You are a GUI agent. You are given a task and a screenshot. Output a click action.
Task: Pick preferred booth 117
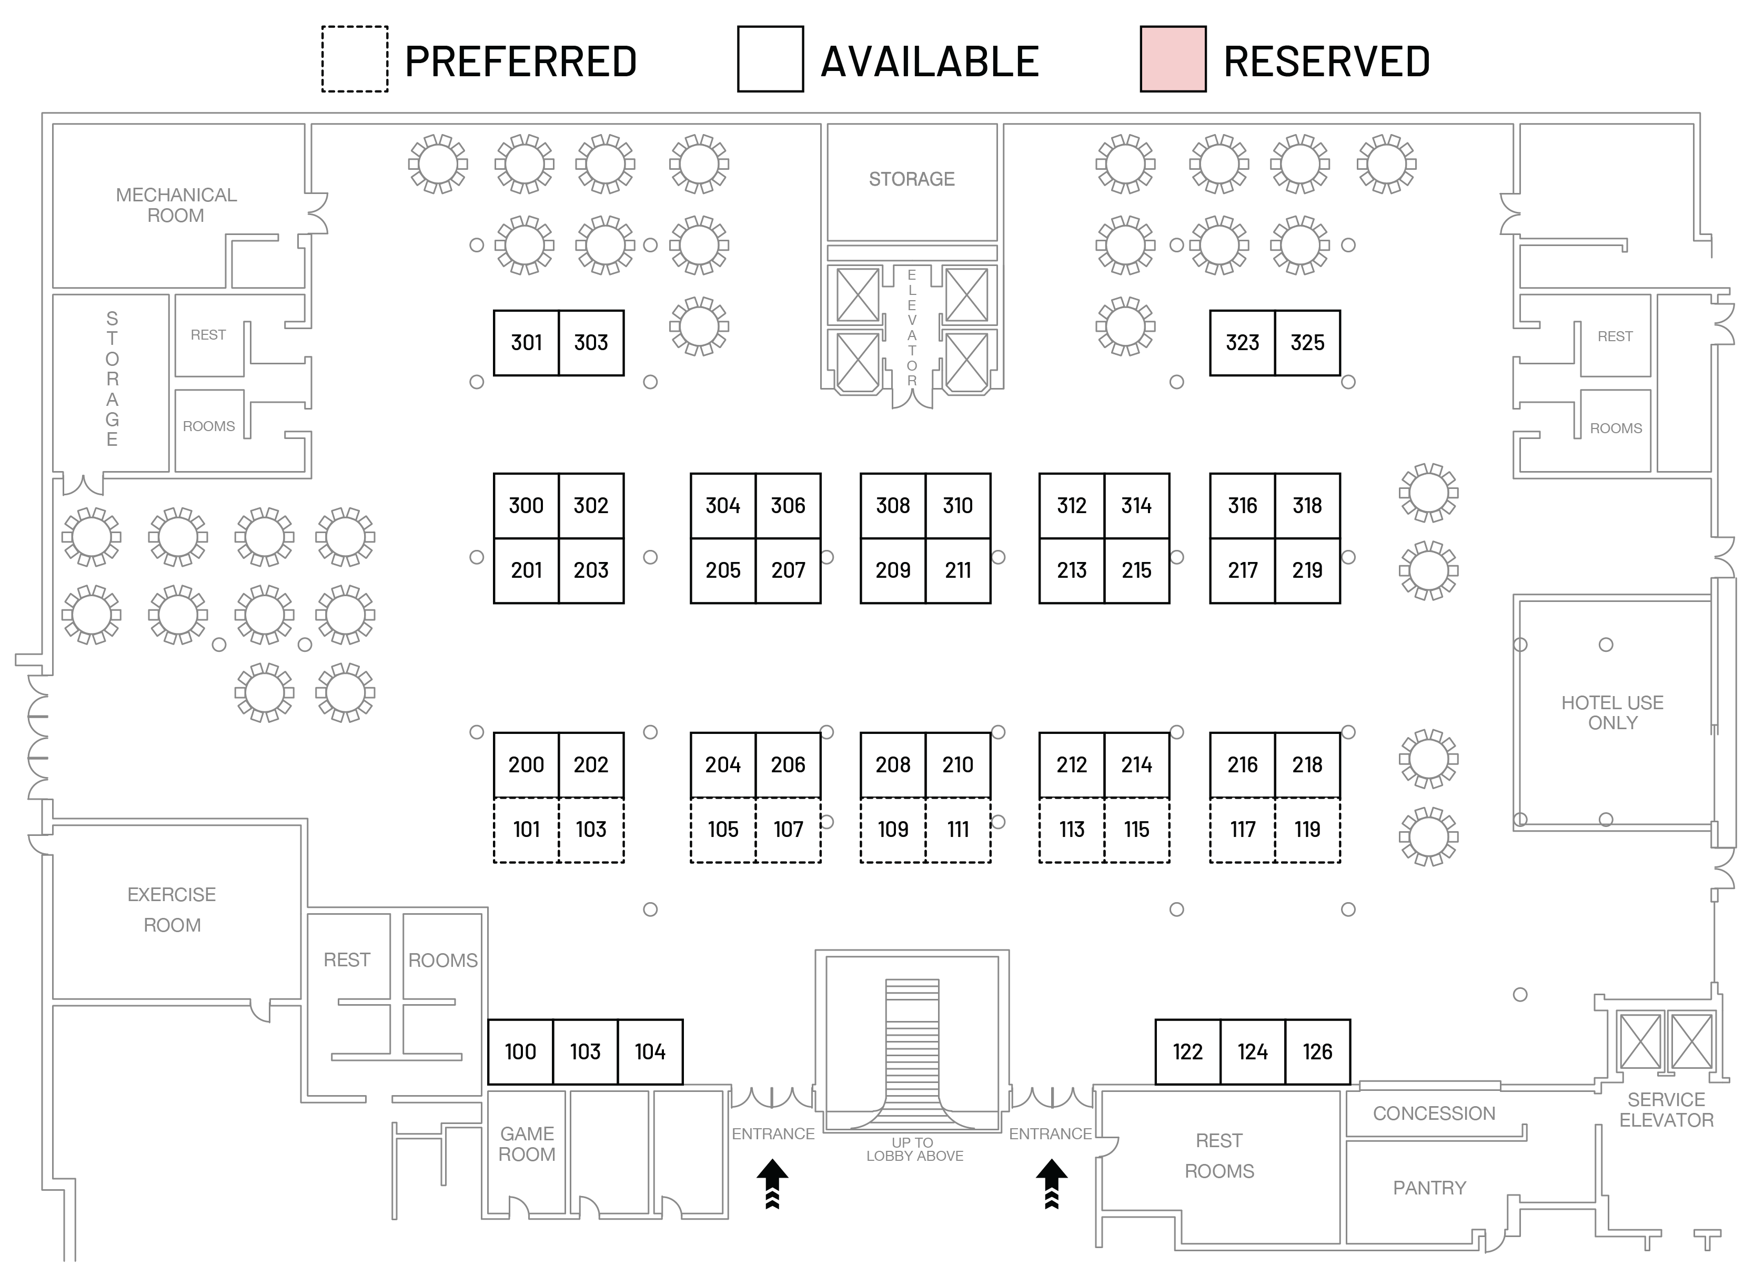point(1242,830)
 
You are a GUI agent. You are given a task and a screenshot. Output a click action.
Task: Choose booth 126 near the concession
point(1317,1051)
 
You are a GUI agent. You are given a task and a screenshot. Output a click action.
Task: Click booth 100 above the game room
point(520,1051)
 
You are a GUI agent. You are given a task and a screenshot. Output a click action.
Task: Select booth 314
point(1136,506)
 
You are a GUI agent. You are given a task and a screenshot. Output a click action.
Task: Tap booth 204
point(722,764)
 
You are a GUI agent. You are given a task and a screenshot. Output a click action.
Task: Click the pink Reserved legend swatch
point(1173,59)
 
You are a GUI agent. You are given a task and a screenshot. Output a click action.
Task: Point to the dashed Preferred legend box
point(355,59)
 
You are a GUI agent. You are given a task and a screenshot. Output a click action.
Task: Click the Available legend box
point(770,59)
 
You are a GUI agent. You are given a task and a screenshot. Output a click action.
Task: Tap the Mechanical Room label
point(176,205)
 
